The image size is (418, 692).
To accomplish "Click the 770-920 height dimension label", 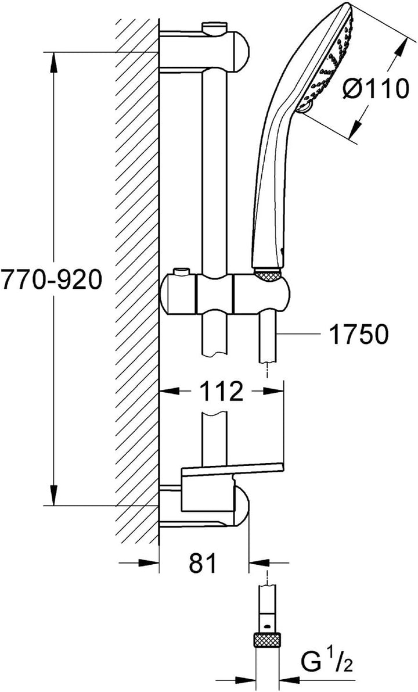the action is click(x=51, y=280).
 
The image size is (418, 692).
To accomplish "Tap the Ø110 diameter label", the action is click(x=375, y=89).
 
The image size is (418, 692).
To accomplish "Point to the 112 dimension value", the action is click(x=221, y=391).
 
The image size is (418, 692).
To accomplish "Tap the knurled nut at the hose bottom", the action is click(x=266, y=639).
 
